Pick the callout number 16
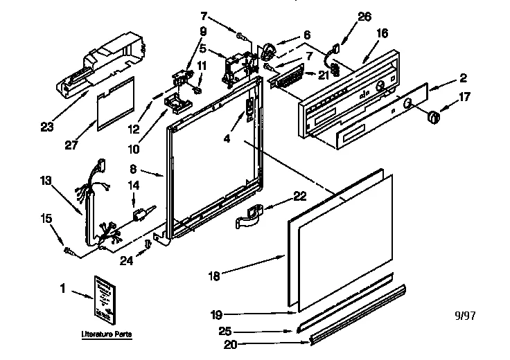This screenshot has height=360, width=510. (x=382, y=33)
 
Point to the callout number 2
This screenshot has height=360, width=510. (x=462, y=78)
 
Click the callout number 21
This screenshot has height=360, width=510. (x=323, y=75)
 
